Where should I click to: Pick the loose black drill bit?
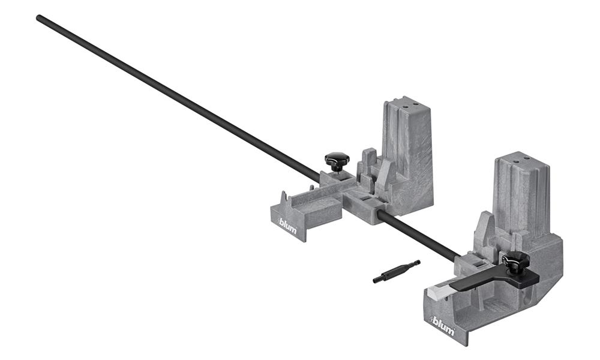[x=396, y=271]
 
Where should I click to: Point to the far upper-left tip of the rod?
[x=39, y=18]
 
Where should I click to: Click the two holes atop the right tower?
[x=520, y=158]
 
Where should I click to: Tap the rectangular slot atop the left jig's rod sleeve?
[x=365, y=197]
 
